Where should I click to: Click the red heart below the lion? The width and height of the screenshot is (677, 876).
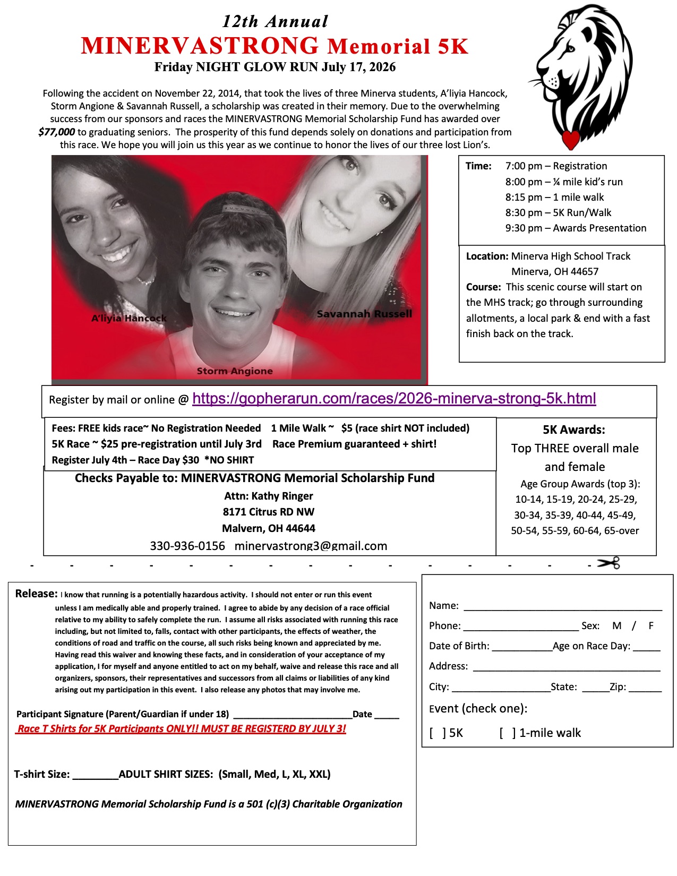[571, 140]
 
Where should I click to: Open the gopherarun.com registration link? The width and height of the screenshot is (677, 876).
[394, 399]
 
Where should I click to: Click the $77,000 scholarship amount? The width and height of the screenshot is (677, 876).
[56, 132]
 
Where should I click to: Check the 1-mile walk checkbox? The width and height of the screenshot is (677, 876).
[507, 733]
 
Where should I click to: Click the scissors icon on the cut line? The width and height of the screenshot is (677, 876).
[609, 563]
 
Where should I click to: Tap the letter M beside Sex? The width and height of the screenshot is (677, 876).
[616, 626]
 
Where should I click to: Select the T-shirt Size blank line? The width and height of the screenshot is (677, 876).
[95, 776]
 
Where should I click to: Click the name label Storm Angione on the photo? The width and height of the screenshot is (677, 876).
[235, 371]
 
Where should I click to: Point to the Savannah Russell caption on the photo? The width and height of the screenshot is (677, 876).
[364, 314]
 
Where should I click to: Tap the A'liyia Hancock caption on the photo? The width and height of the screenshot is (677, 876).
[129, 318]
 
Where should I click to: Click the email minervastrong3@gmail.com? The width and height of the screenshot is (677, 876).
[311, 546]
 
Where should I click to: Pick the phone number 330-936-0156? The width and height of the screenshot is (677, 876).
[187, 546]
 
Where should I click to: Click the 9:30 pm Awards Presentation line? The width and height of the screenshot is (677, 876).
[576, 228]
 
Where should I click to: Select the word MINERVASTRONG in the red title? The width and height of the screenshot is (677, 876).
[200, 46]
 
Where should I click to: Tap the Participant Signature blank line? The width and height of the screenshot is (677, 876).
[293, 715]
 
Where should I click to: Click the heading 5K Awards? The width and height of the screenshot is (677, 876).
[574, 430]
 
